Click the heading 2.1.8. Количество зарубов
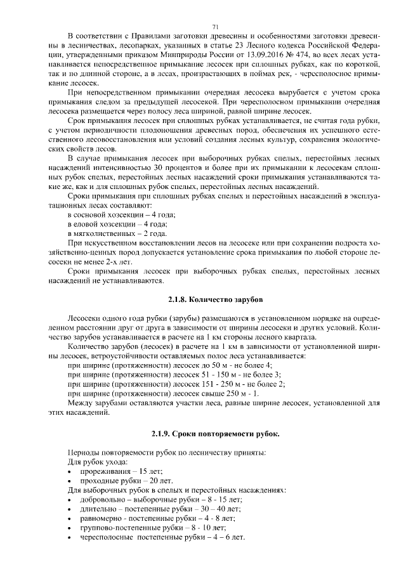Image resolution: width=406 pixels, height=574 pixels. pos(215,297)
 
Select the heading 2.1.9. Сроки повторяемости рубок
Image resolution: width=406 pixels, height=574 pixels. pos(215,434)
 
